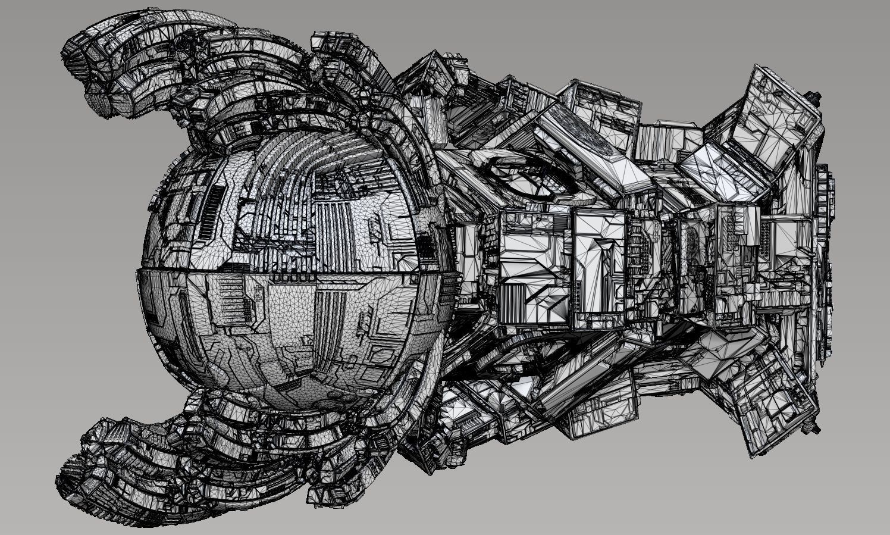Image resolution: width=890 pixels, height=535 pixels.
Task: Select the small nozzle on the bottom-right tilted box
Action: pos(808,428)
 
